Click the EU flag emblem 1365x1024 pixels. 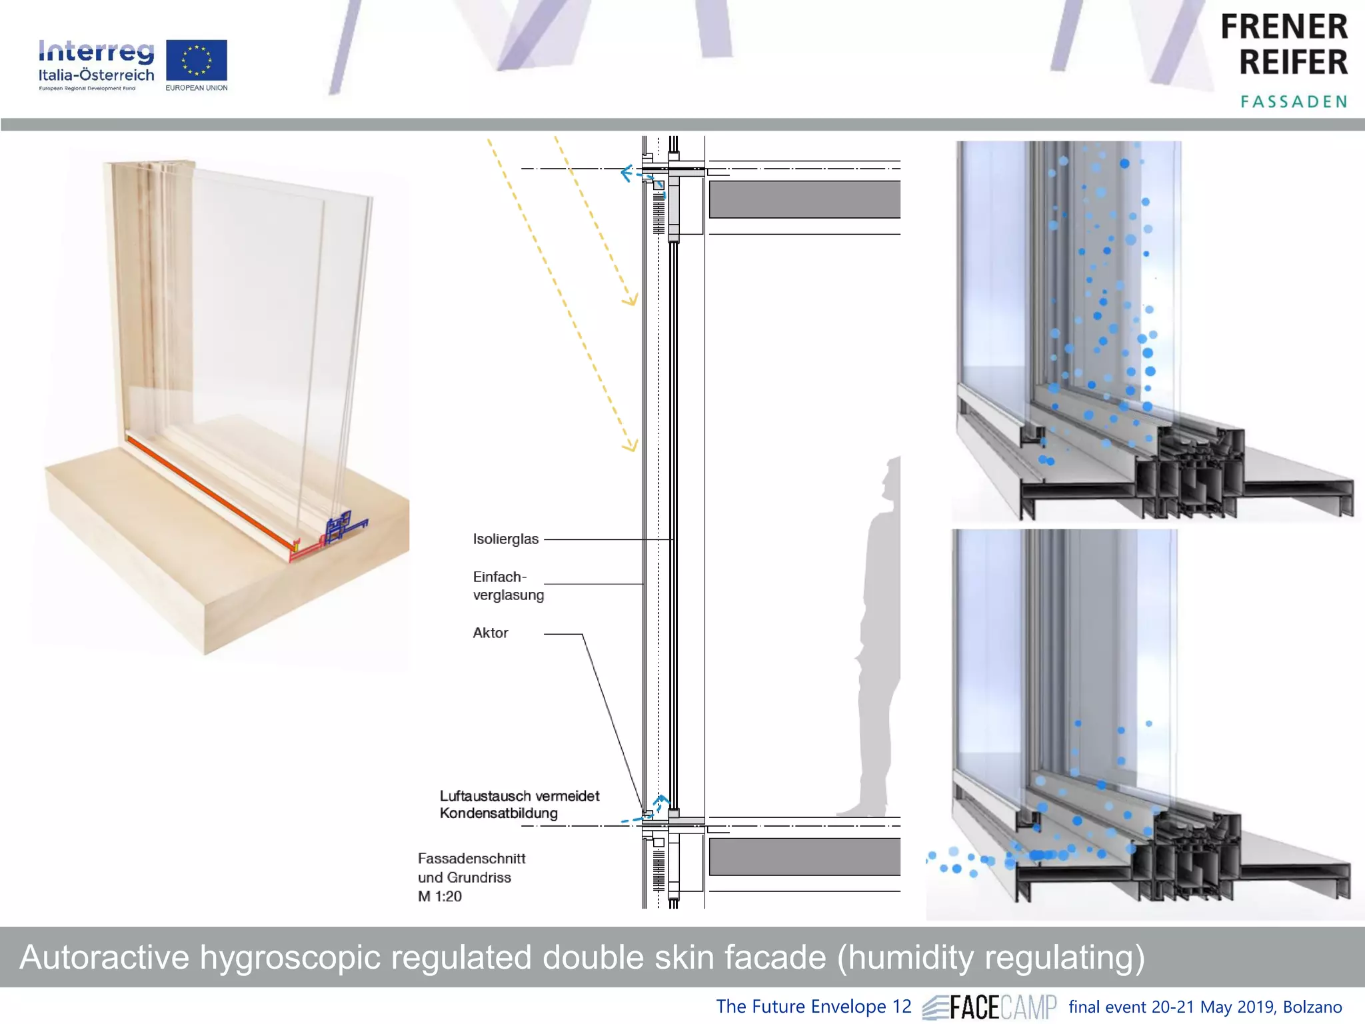pos(196,61)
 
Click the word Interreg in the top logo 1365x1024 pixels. pos(96,51)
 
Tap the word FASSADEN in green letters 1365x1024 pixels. pos(1293,101)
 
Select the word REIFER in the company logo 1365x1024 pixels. pos(1293,63)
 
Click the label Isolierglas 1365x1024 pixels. pos(505,539)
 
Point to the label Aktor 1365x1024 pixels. pos(491,633)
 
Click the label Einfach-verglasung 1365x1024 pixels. pos(508,586)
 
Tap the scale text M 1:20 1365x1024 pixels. pos(440,897)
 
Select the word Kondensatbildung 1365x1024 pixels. pos(499,813)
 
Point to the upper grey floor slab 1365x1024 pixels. pos(804,199)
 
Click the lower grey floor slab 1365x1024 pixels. pos(804,857)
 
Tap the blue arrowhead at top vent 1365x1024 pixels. pos(625,174)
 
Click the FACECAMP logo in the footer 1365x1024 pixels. pos(990,1007)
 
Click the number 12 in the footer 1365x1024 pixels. pos(901,1007)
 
